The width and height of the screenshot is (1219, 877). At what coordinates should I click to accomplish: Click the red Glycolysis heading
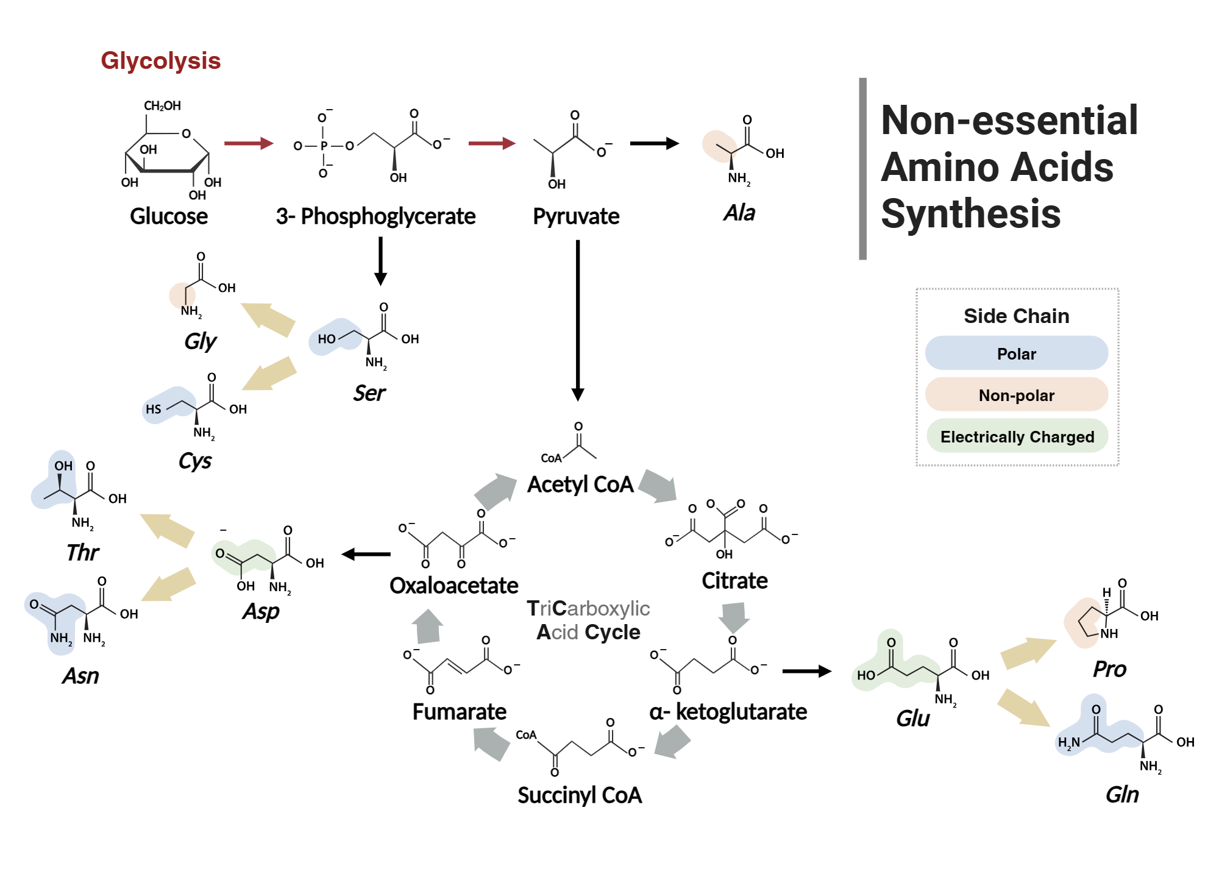(x=160, y=61)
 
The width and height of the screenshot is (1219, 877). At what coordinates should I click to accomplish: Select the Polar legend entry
(x=1016, y=353)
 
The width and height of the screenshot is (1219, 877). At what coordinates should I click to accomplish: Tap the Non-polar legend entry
(x=1016, y=395)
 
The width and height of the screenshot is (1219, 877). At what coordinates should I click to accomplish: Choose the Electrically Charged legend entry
(x=1017, y=436)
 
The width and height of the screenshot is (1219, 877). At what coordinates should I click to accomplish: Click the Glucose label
(x=169, y=216)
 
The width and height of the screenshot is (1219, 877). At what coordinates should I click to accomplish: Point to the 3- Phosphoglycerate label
(x=375, y=216)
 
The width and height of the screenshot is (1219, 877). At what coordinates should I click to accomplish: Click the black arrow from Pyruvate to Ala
(x=653, y=143)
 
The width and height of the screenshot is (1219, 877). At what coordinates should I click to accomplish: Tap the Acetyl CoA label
(x=580, y=485)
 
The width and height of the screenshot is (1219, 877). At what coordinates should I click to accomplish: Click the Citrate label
(x=734, y=581)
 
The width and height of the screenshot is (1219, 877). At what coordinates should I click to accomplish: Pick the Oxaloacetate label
(x=454, y=586)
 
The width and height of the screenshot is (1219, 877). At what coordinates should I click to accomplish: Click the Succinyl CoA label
(x=580, y=795)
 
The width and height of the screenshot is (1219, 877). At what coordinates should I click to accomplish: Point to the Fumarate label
(x=460, y=712)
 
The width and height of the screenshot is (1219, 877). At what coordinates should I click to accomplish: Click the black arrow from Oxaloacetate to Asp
(x=366, y=554)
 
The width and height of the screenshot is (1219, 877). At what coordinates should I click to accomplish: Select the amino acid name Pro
(x=1109, y=669)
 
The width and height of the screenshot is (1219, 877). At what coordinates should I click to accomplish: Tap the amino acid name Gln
(x=1121, y=795)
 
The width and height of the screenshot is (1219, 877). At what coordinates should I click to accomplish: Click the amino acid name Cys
(x=195, y=461)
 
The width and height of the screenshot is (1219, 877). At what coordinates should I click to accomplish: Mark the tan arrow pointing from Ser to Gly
(x=268, y=319)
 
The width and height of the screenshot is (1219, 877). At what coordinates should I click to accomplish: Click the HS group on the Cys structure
(x=154, y=409)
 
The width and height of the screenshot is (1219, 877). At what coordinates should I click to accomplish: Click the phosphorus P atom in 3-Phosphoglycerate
(x=324, y=146)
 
